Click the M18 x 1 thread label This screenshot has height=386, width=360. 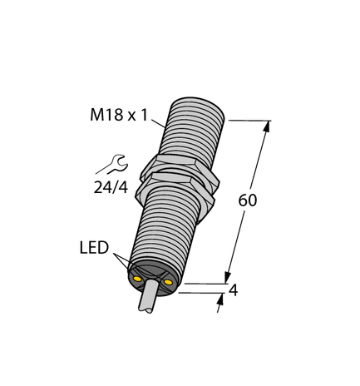[119, 115]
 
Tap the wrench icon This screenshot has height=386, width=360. [112, 165]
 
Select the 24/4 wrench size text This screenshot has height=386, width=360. [111, 187]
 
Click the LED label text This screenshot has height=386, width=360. [94, 248]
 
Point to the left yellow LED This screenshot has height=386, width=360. [136, 279]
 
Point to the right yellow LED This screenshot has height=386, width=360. [168, 282]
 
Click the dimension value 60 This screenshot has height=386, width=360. [248, 200]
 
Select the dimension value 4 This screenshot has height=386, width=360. [233, 291]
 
